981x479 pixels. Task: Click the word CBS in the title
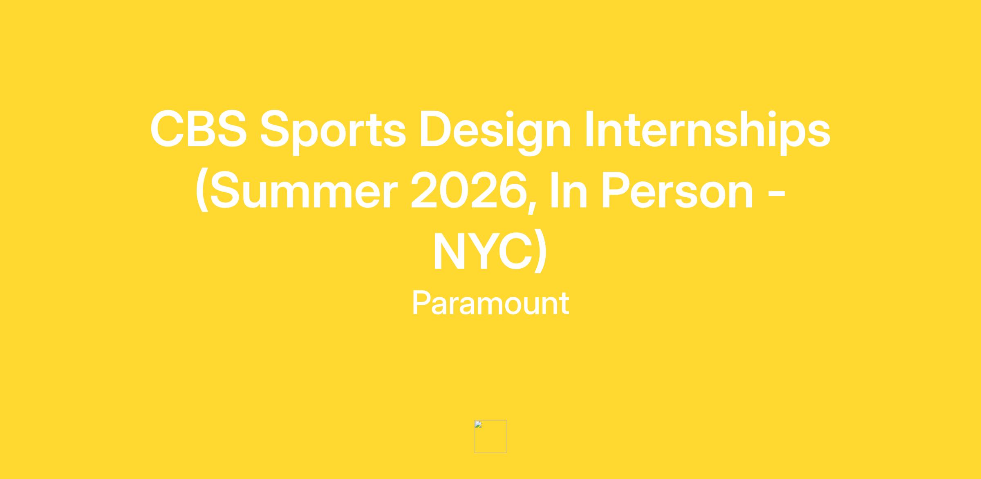coord(199,129)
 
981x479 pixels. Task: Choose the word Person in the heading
coord(677,190)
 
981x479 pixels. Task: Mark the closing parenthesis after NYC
coord(540,251)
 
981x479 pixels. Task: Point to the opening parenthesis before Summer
coord(202,190)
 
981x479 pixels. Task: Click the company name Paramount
coord(490,303)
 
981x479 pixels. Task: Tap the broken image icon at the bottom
coord(490,436)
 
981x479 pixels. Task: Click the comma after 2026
coord(532,207)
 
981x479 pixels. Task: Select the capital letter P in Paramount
coord(421,303)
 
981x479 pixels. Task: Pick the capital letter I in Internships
coord(589,129)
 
